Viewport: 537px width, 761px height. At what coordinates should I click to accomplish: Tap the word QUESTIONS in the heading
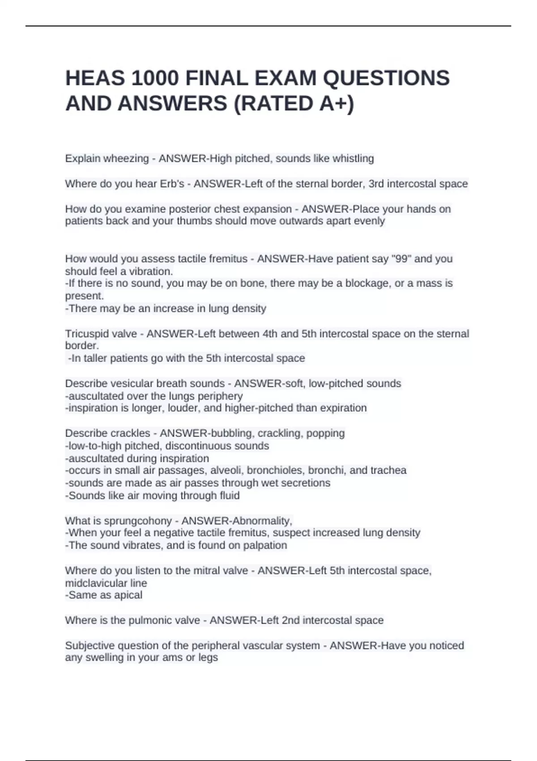tap(386, 78)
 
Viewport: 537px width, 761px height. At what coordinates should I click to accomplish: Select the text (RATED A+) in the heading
tap(294, 104)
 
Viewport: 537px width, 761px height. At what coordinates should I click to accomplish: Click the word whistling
tap(353, 158)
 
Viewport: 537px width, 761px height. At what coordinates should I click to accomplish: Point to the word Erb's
tap(172, 184)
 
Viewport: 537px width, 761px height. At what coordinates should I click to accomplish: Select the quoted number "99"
tap(401, 259)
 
